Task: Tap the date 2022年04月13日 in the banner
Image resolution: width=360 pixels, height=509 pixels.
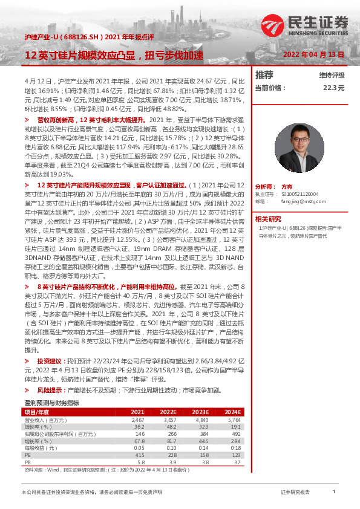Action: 313,55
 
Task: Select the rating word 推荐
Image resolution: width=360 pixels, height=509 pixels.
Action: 264,75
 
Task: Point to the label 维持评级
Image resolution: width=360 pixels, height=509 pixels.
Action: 332,76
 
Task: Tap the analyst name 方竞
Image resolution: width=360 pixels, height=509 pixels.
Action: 287,187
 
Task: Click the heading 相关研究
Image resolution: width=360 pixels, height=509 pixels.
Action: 268,218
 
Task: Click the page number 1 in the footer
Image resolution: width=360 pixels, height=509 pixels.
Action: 334,493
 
